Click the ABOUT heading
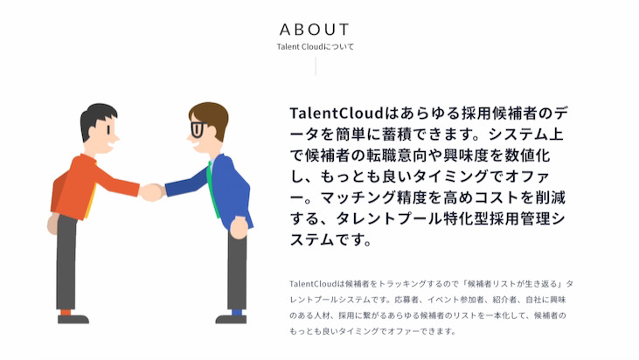click(315, 29)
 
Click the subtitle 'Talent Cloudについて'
click(315, 47)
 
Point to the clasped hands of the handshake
click(152, 191)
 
